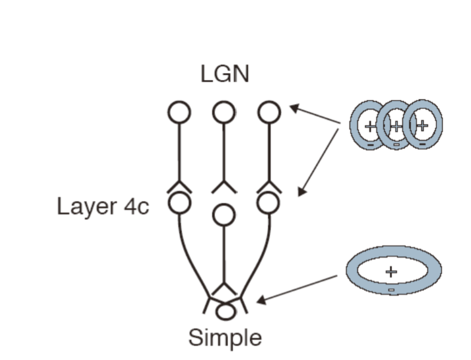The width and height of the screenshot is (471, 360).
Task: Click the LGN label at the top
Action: (225, 74)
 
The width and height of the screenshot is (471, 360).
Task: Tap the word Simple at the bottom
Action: (225, 338)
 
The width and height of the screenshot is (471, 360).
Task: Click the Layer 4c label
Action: (103, 206)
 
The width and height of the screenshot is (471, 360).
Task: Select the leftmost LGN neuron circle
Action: (179, 112)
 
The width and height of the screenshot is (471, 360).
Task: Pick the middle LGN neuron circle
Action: (224, 112)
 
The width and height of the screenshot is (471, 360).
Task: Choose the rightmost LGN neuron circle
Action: (269, 112)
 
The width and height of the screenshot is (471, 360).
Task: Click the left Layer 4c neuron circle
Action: (179, 203)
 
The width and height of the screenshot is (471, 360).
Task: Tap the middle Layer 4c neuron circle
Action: (224, 215)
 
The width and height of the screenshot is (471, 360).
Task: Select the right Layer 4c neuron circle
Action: (268, 203)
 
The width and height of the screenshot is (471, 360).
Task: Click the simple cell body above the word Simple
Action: (225, 312)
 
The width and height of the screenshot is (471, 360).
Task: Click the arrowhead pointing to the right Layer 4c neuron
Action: (302, 192)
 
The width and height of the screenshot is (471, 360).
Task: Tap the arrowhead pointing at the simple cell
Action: (261, 300)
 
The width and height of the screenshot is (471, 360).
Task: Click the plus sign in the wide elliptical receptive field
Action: (391, 272)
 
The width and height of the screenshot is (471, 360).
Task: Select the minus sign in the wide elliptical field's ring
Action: (391, 290)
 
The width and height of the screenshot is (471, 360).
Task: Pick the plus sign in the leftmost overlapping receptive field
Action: (370, 126)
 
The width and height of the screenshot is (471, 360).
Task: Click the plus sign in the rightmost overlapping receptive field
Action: (423, 126)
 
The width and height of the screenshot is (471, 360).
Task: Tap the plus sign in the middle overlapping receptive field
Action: (396, 126)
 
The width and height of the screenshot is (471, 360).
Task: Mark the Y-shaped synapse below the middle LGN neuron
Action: (224, 187)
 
